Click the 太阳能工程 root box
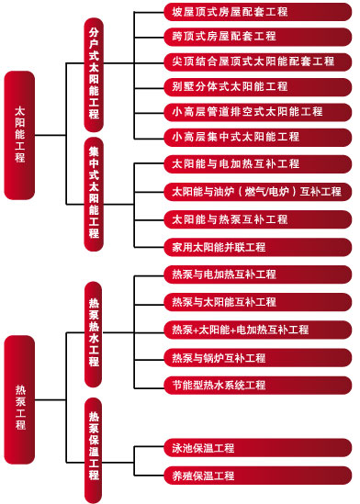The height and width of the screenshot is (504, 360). pos(20,133)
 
